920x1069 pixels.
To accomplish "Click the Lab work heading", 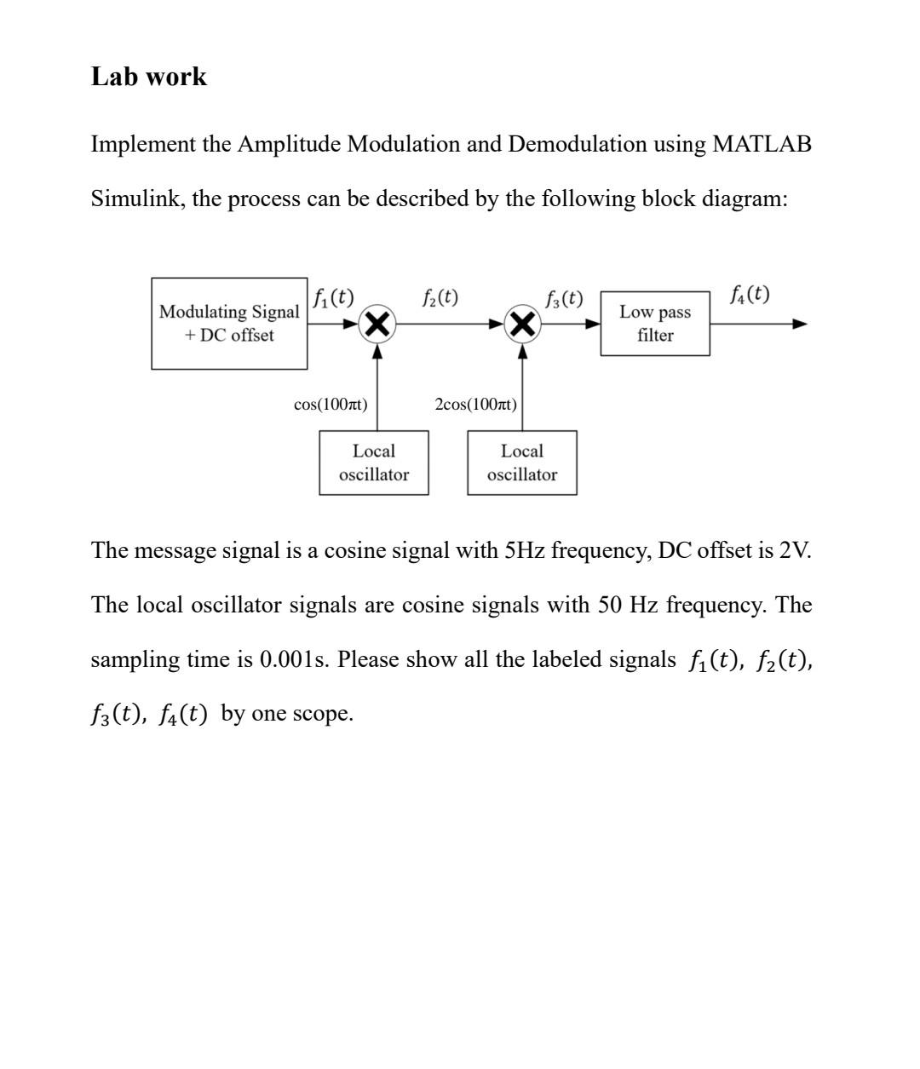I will [148, 77].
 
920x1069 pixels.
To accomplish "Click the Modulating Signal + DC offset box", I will [229, 324].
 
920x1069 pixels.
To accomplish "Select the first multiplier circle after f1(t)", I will [377, 325].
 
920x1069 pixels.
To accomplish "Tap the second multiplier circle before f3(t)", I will [523, 325].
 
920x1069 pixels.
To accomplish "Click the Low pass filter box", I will [655, 324].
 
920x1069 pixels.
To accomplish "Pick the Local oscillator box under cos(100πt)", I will [374, 463].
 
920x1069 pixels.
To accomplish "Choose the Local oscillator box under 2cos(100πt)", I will [522, 463].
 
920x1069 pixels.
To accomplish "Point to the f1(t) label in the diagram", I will [333, 297].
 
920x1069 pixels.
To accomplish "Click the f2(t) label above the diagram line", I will [440, 297].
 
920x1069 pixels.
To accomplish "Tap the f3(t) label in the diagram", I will [565, 299].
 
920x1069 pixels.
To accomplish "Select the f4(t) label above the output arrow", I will [750, 295].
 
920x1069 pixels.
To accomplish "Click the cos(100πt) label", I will [331, 405].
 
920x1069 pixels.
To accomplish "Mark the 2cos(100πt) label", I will [475, 405].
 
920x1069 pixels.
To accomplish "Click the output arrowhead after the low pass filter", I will [798, 324].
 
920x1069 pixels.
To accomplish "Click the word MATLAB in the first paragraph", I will [762, 144].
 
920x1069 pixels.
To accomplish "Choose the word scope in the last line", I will [321, 714].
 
